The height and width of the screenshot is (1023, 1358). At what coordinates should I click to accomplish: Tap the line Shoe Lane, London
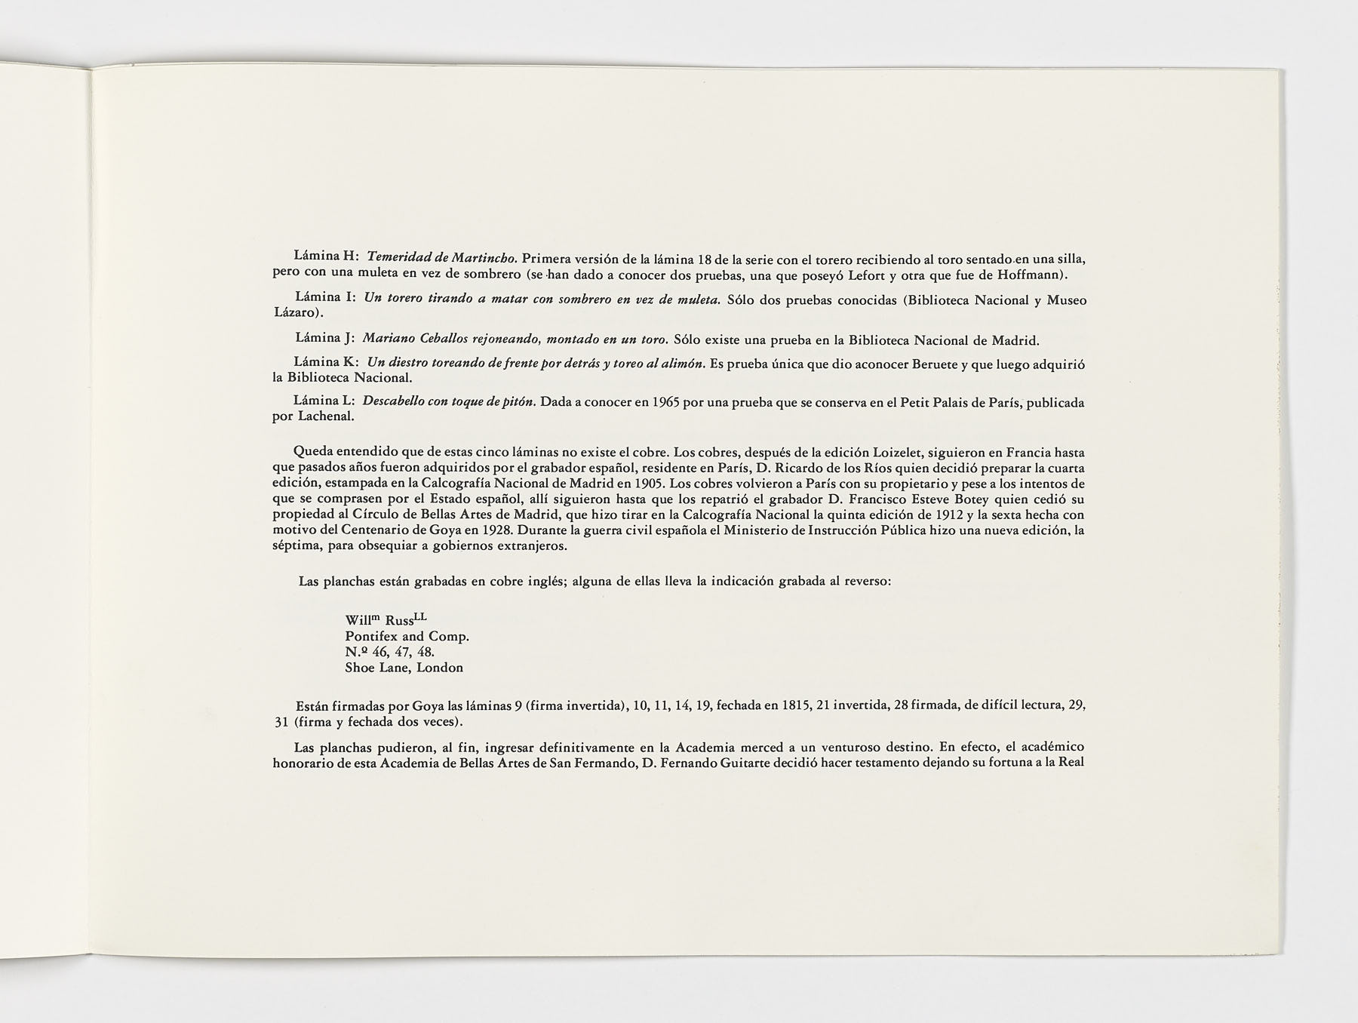point(404,668)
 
